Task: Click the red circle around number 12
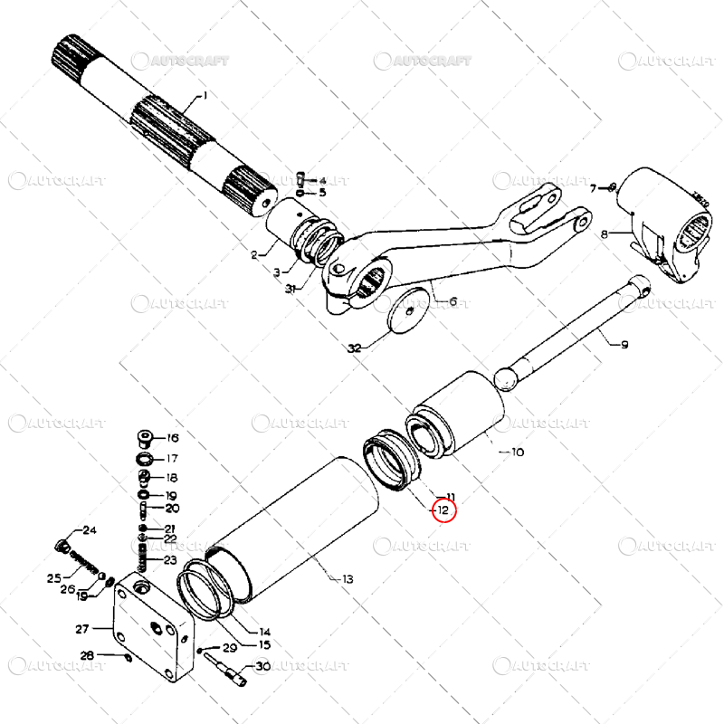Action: point(443,510)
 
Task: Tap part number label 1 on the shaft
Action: point(205,96)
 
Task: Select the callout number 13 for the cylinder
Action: point(347,579)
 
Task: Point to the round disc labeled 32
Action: point(409,312)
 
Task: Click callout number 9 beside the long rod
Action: point(624,344)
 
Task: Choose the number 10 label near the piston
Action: point(518,452)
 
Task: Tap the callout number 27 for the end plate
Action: point(81,629)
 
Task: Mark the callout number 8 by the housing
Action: point(605,234)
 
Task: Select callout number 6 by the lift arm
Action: point(453,302)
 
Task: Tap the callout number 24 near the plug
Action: point(90,530)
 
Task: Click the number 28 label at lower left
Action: point(87,655)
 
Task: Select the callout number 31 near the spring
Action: point(290,290)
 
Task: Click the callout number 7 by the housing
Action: point(595,188)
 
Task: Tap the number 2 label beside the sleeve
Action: point(256,254)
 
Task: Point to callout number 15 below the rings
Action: point(264,645)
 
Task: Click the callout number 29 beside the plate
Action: point(229,648)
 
